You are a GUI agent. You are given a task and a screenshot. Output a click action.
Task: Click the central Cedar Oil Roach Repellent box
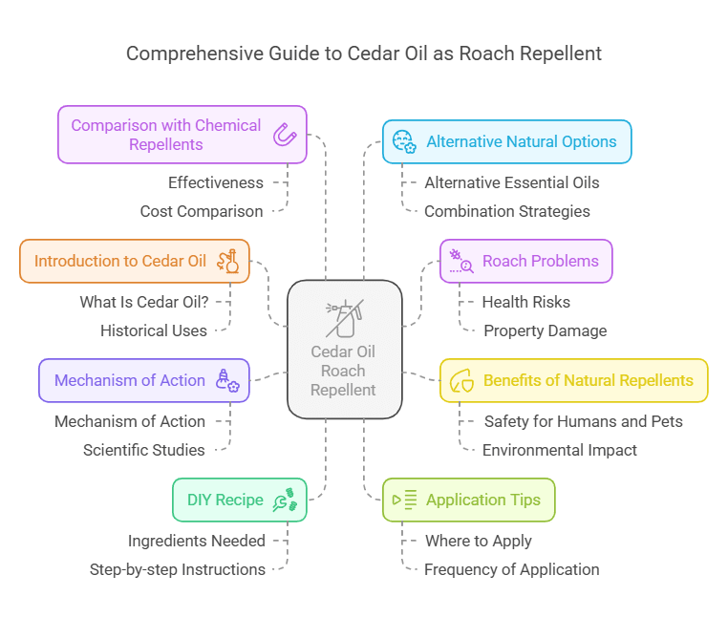tap(344, 349)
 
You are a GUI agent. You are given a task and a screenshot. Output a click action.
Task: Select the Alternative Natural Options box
tap(506, 141)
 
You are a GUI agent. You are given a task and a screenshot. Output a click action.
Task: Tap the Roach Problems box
tap(525, 261)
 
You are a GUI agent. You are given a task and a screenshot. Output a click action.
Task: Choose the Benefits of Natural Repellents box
tap(573, 380)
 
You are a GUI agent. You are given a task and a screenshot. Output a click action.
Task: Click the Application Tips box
tap(468, 500)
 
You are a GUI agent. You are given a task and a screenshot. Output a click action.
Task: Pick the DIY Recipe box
tap(239, 500)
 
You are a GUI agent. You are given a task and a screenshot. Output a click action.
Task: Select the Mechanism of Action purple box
tap(143, 380)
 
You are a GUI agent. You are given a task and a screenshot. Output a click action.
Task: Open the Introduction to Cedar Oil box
tap(134, 261)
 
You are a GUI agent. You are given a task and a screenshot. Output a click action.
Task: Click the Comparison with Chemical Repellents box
tap(182, 135)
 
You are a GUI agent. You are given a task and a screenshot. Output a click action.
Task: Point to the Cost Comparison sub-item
tap(202, 211)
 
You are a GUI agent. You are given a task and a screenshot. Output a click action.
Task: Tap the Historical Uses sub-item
tap(154, 330)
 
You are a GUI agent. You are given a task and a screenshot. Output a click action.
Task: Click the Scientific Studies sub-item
tap(144, 450)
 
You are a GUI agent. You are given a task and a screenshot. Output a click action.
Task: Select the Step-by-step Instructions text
tap(178, 569)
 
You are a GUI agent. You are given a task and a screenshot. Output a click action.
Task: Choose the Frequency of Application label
tap(512, 569)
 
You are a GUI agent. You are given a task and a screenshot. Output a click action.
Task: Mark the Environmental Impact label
tap(560, 450)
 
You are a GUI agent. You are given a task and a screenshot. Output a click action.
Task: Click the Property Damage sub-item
tap(545, 330)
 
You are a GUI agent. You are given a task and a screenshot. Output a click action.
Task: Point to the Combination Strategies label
tap(507, 211)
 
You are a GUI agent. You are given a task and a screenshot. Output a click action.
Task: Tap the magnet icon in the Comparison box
tap(284, 135)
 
